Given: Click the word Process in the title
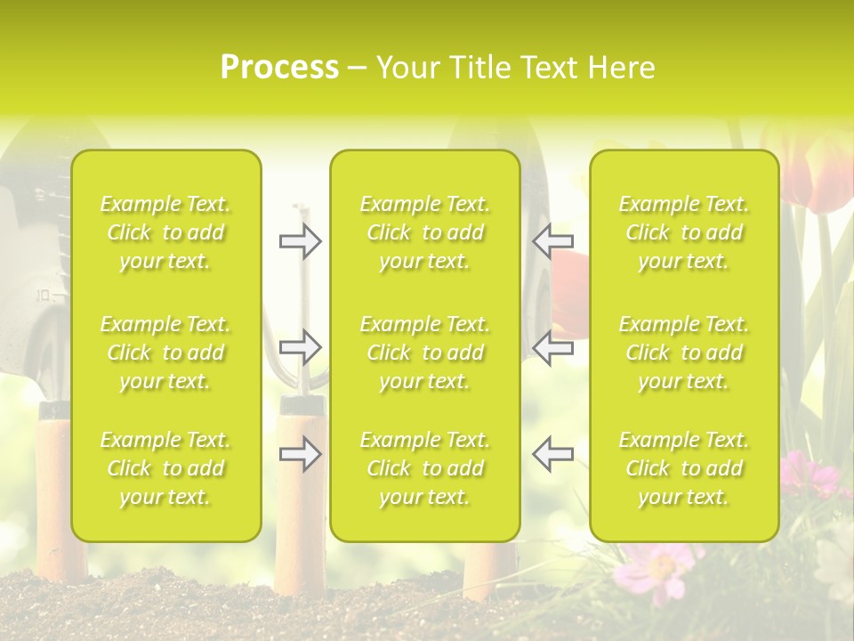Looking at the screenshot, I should pos(279,68).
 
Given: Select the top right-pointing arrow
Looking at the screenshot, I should pos(301,240).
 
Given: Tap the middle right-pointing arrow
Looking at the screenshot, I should pos(301,348).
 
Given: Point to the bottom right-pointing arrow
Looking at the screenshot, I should pos(301,454).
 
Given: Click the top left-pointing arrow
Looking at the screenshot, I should pos(552,240).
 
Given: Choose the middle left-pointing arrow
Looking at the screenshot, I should pos(552,348).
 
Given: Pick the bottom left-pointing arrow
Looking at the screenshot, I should pos(552,454).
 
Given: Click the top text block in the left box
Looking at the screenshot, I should pos(165,232).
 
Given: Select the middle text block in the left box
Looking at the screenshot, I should pos(165,353).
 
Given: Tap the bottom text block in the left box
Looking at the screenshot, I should pos(165,468).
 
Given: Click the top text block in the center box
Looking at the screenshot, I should pos(425,232).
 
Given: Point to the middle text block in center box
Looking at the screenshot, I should pos(425,353).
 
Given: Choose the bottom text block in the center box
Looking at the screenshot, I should pos(425,468).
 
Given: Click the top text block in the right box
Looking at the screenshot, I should pos(684,232).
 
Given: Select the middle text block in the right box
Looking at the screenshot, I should pos(684,353).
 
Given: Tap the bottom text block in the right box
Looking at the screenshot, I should pos(684,468).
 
